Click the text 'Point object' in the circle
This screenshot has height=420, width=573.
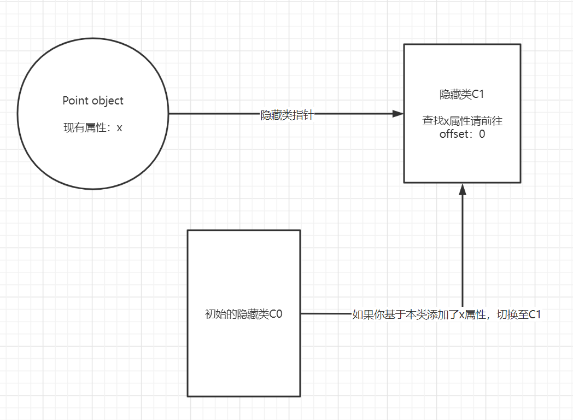pos(93,101)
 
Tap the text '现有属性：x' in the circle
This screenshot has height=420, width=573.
pos(93,128)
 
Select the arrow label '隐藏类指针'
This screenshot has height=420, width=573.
pos(286,115)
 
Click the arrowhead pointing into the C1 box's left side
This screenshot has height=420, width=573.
pos(397,114)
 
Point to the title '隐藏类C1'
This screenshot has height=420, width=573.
pos(462,94)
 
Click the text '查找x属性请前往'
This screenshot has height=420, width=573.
pos(462,121)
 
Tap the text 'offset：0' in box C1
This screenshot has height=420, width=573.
pos(462,133)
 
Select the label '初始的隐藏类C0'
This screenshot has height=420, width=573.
pos(243,314)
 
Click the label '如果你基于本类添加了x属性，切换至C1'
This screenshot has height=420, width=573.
pos(447,314)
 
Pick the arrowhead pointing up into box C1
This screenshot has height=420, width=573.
pos(462,189)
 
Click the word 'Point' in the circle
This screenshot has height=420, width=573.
pos(75,101)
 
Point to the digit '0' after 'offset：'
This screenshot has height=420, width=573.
pos(482,133)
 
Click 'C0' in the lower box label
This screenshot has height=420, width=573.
pos(276,314)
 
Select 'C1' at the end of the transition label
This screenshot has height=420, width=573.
pos(535,314)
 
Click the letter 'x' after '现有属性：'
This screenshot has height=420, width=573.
pos(119,128)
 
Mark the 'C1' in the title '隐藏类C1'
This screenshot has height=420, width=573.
pos(478,94)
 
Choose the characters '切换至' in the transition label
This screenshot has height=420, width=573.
pos(512,314)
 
